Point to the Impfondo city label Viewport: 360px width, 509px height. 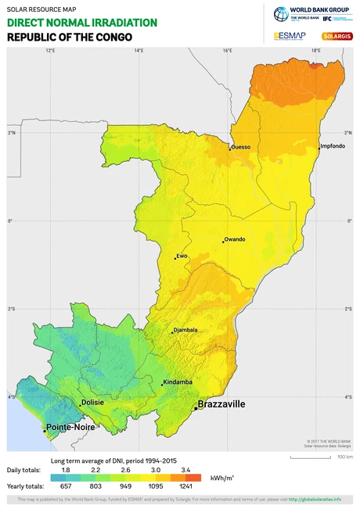click(333, 146)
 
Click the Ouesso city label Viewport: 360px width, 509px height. click(241, 146)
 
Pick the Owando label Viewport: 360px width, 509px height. click(235, 239)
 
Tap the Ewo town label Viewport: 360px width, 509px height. click(182, 255)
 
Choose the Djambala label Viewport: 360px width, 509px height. click(185, 330)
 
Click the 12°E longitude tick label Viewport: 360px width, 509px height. click(50, 51)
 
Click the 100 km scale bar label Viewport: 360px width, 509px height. click(344, 457)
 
